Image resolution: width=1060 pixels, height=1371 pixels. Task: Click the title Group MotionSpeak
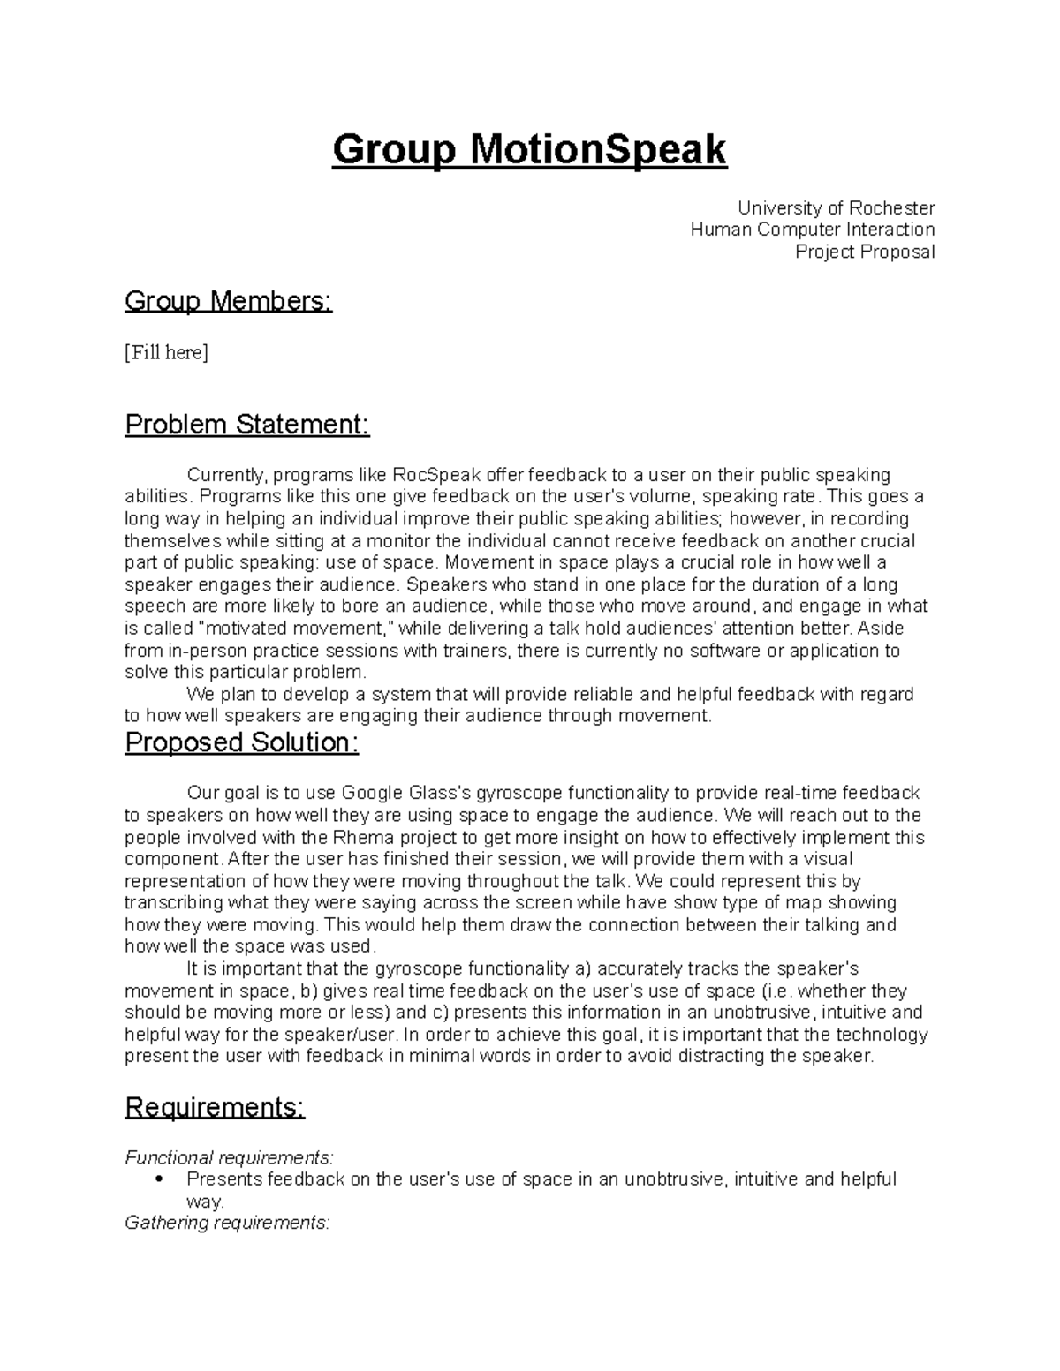[x=529, y=150]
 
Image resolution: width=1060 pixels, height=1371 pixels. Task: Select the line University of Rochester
[x=836, y=208]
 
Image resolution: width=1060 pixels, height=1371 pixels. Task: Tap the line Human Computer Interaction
[x=812, y=230]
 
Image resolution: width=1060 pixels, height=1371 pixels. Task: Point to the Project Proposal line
[x=864, y=252]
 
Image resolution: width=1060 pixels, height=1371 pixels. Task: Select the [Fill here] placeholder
[x=166, y=353]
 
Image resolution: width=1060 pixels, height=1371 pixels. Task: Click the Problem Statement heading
[x=247, y=425]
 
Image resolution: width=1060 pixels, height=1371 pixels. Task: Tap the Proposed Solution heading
[x=242, y=742]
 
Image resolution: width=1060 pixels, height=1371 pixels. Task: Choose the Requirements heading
[x=215, y=1107]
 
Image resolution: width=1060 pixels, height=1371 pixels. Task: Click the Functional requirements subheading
[x=230, y=1157]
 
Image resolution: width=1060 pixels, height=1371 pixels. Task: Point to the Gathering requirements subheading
[x=227, y=1223]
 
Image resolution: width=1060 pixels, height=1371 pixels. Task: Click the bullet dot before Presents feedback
[x=158, y=1179]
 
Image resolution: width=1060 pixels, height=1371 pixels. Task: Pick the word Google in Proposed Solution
[x=375, y=793]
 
